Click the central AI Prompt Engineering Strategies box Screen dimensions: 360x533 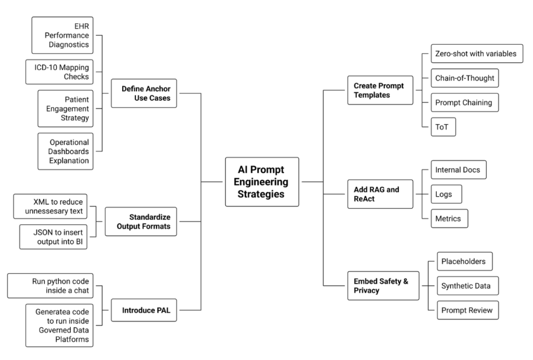pyautogui.click(x=262, y=182)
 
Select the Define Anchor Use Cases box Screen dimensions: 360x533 pyautogui.click(x=144, y=93)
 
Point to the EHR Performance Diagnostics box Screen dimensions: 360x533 pyautogui.click(x=64, y=35)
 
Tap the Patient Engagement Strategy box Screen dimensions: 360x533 pyautogui.click(x=64, y=108)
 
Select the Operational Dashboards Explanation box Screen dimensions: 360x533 pyautogui.click(x=64, y=151)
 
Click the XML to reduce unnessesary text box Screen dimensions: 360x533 pyautogui.click(x=50, y=207)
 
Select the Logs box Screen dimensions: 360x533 pyautogui.click(x=446, y=194)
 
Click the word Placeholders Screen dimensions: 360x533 pyautogui.click(x=463, y=261)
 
